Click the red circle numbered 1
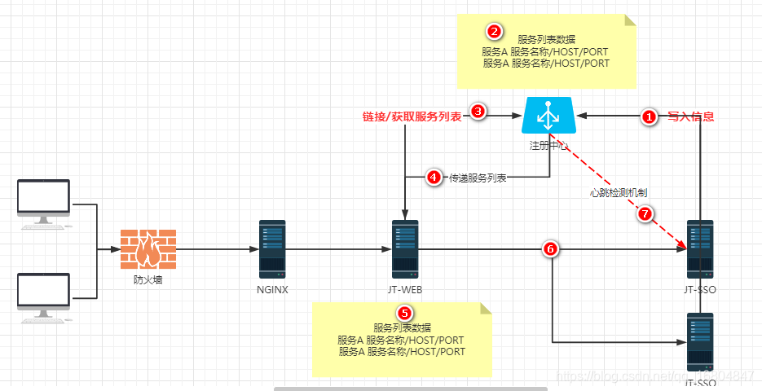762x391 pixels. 649,117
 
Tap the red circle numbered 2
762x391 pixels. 494,32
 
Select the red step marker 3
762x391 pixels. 479,113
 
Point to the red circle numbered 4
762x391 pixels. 434,178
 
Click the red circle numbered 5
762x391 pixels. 403,314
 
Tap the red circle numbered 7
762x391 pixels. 644,214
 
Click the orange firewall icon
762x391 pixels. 148,248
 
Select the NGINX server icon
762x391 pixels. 272,248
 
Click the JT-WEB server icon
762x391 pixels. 404,248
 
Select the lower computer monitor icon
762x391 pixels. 43,297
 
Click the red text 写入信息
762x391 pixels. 690,117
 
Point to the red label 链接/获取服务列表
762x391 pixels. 412,116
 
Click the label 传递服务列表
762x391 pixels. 478,178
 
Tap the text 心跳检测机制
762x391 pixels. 619,193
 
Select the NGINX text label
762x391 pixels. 272,289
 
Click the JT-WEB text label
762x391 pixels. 404,289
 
